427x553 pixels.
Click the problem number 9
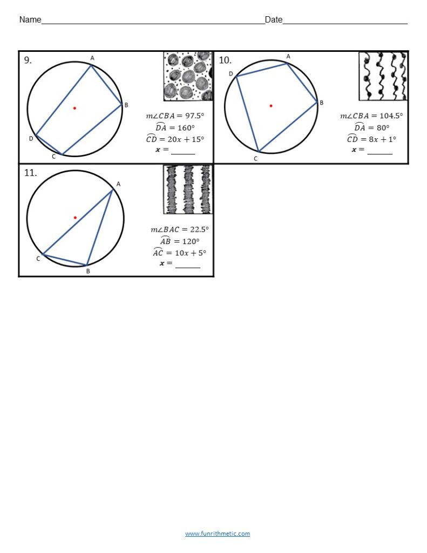(28, 60)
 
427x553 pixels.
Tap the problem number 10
(225, 60)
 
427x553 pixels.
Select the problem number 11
(30, 173)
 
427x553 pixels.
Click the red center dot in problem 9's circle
(74, 108)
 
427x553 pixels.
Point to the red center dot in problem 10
(271, 106)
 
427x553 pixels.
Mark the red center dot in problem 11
(75, 218)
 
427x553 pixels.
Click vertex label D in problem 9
(31, 139)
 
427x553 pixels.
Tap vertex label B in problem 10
(321, 103)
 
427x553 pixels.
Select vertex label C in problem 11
(38, 259)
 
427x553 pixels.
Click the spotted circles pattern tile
(188, 76)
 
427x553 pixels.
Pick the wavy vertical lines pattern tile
(383, 76)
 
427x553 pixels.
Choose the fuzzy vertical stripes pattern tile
(188, 190)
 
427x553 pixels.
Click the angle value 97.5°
(193, 116)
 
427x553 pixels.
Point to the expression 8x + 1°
(381, 139)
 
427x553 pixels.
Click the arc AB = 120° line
(180, 241)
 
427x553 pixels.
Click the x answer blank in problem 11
(187, 264)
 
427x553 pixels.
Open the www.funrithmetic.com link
(218, 534)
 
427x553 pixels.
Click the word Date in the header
(274, 20)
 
